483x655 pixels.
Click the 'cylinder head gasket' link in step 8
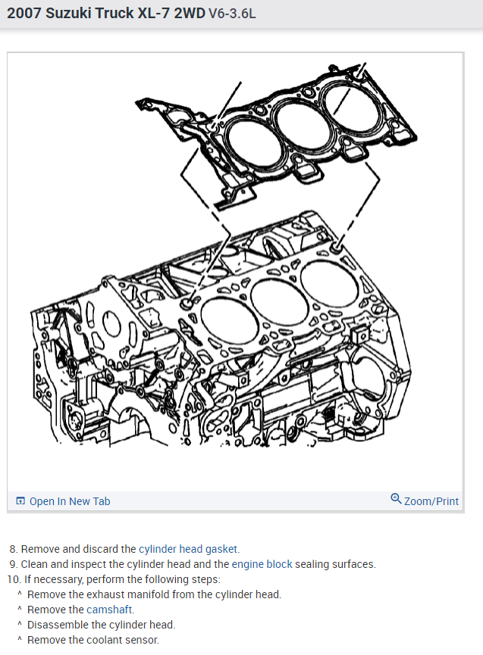click(x=189, y=549)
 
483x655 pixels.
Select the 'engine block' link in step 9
click(x=262, y=564)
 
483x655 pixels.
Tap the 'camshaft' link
click(x=110, y=610)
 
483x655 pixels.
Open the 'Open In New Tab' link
click(x=70, y=501)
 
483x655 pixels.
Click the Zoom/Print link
click(x=431, y=501)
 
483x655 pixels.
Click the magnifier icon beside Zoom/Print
click(x=396, y=499)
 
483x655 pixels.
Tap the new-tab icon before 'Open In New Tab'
click(x=20, y=501)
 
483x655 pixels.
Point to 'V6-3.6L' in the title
click(x=232, y=14)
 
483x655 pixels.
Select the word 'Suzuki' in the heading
click(x=68, y=14)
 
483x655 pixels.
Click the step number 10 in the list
click(x=13, y=579)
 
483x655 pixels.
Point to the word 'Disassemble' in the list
click(x=55, y=625)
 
